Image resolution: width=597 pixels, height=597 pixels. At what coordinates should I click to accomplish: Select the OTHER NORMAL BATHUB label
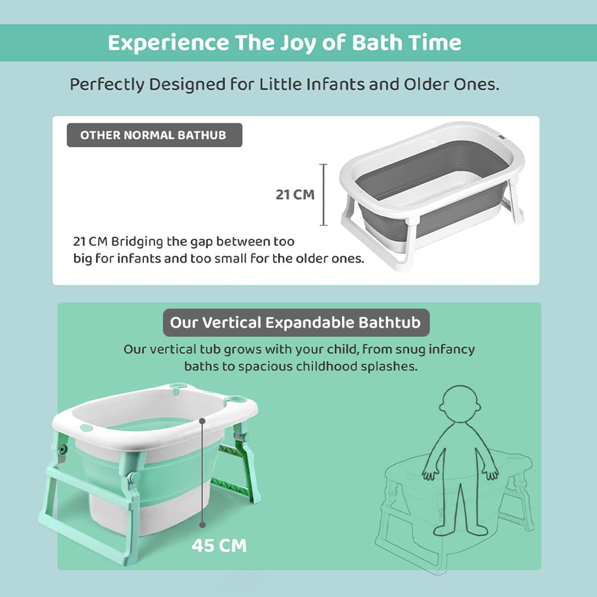(x=153, y=135)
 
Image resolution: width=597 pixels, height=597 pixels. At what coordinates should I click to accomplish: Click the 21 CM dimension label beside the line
(x=295, y=195)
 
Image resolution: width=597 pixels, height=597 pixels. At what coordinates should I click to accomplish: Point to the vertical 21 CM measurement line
(x=324, y=195)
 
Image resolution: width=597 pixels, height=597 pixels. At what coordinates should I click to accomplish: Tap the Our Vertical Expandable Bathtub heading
(x=296, y=323)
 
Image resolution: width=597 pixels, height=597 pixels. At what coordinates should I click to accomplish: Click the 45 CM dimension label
(x=219, y=546)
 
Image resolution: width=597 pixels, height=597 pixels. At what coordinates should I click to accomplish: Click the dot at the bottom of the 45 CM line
(x=203, y=524)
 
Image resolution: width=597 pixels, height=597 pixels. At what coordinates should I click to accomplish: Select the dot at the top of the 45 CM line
(x=203, y=420)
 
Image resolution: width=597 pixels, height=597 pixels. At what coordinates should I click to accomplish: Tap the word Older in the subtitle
(x=440, y=84)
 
